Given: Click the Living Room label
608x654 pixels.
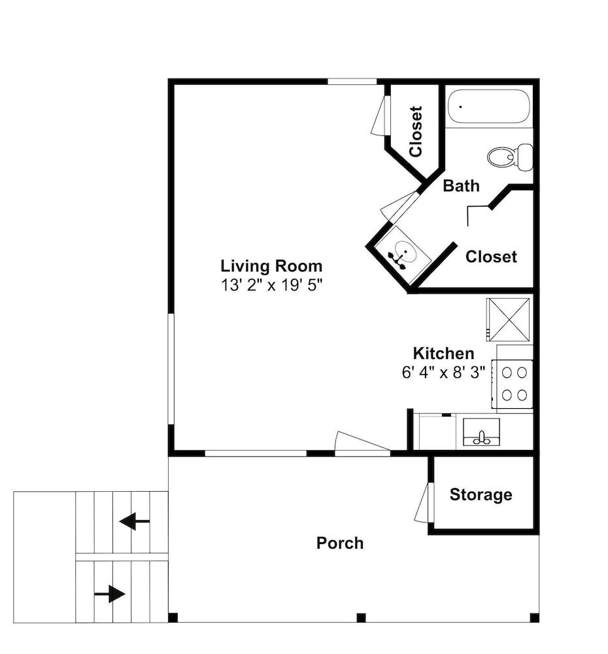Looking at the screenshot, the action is [x=271, y=266].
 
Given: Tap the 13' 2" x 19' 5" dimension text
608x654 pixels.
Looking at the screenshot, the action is [x=271, y=285].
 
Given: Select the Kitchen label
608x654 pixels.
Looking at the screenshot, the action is [x=443, y=353].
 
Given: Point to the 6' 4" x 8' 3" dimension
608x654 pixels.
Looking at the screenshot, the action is [x=443, y=372].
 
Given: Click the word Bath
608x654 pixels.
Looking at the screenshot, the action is [x=461, y=186].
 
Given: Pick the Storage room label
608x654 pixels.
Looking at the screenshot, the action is [x=481, y=494].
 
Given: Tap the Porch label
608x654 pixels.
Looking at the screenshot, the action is [x=340, y=543].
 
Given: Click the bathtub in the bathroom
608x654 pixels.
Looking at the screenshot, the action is [x=489, y=107].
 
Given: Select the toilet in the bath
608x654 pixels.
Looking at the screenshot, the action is [x=509, y=156].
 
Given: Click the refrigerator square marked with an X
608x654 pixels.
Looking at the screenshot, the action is [x=509, y=319].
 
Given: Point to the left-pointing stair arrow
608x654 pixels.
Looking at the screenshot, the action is [x=134, y=521].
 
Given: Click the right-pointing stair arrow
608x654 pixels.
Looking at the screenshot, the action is [x=110, y=593].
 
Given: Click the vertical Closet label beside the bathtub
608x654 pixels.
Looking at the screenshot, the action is [x=416, y=131].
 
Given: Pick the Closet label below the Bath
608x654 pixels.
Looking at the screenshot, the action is [x=491, y=256].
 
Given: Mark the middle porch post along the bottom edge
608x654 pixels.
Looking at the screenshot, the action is [x=361, y=617].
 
